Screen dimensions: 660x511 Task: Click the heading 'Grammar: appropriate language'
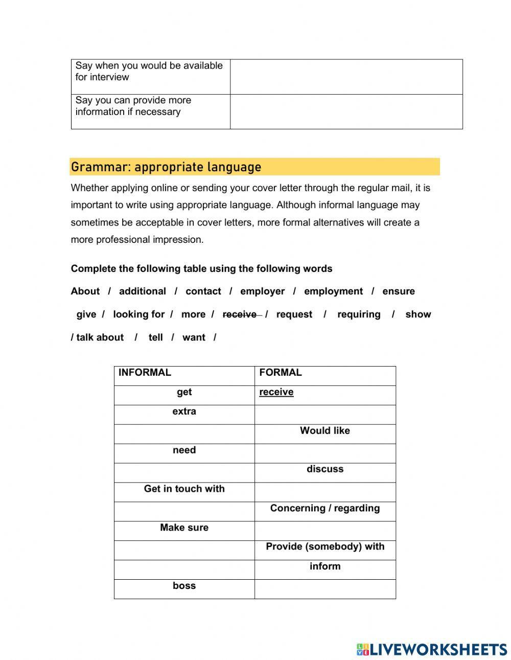coord(166,167)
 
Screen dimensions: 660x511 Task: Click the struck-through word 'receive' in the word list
coord(240,314)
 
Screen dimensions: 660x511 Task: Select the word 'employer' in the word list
coord(262,291)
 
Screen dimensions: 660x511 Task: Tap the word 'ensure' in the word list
coord(398,291)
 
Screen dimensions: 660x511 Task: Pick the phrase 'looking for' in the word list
coord(138,314)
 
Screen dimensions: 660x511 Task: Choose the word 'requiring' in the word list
coord(359,314)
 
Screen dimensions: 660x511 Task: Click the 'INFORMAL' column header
coord(145,373)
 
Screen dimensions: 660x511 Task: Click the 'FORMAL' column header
coord(281,373)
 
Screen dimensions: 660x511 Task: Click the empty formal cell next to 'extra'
coord(325,415)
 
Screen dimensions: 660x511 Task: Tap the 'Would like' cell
coord(325,431)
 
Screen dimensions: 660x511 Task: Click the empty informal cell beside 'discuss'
coord(184,473)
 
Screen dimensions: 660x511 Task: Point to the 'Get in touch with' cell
coord(184,489)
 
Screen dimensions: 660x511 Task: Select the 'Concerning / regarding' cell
coord(325,508)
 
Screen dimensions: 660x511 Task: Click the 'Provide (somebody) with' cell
coord(325,547)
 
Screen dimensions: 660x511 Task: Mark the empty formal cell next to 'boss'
coord(325,589)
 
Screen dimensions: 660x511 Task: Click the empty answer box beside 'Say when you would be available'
coord(346,77)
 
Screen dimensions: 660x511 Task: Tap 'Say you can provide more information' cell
coord(150,106)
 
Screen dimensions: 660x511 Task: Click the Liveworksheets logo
coord(432,649)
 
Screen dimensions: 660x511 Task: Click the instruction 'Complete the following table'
coord(201,269)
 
